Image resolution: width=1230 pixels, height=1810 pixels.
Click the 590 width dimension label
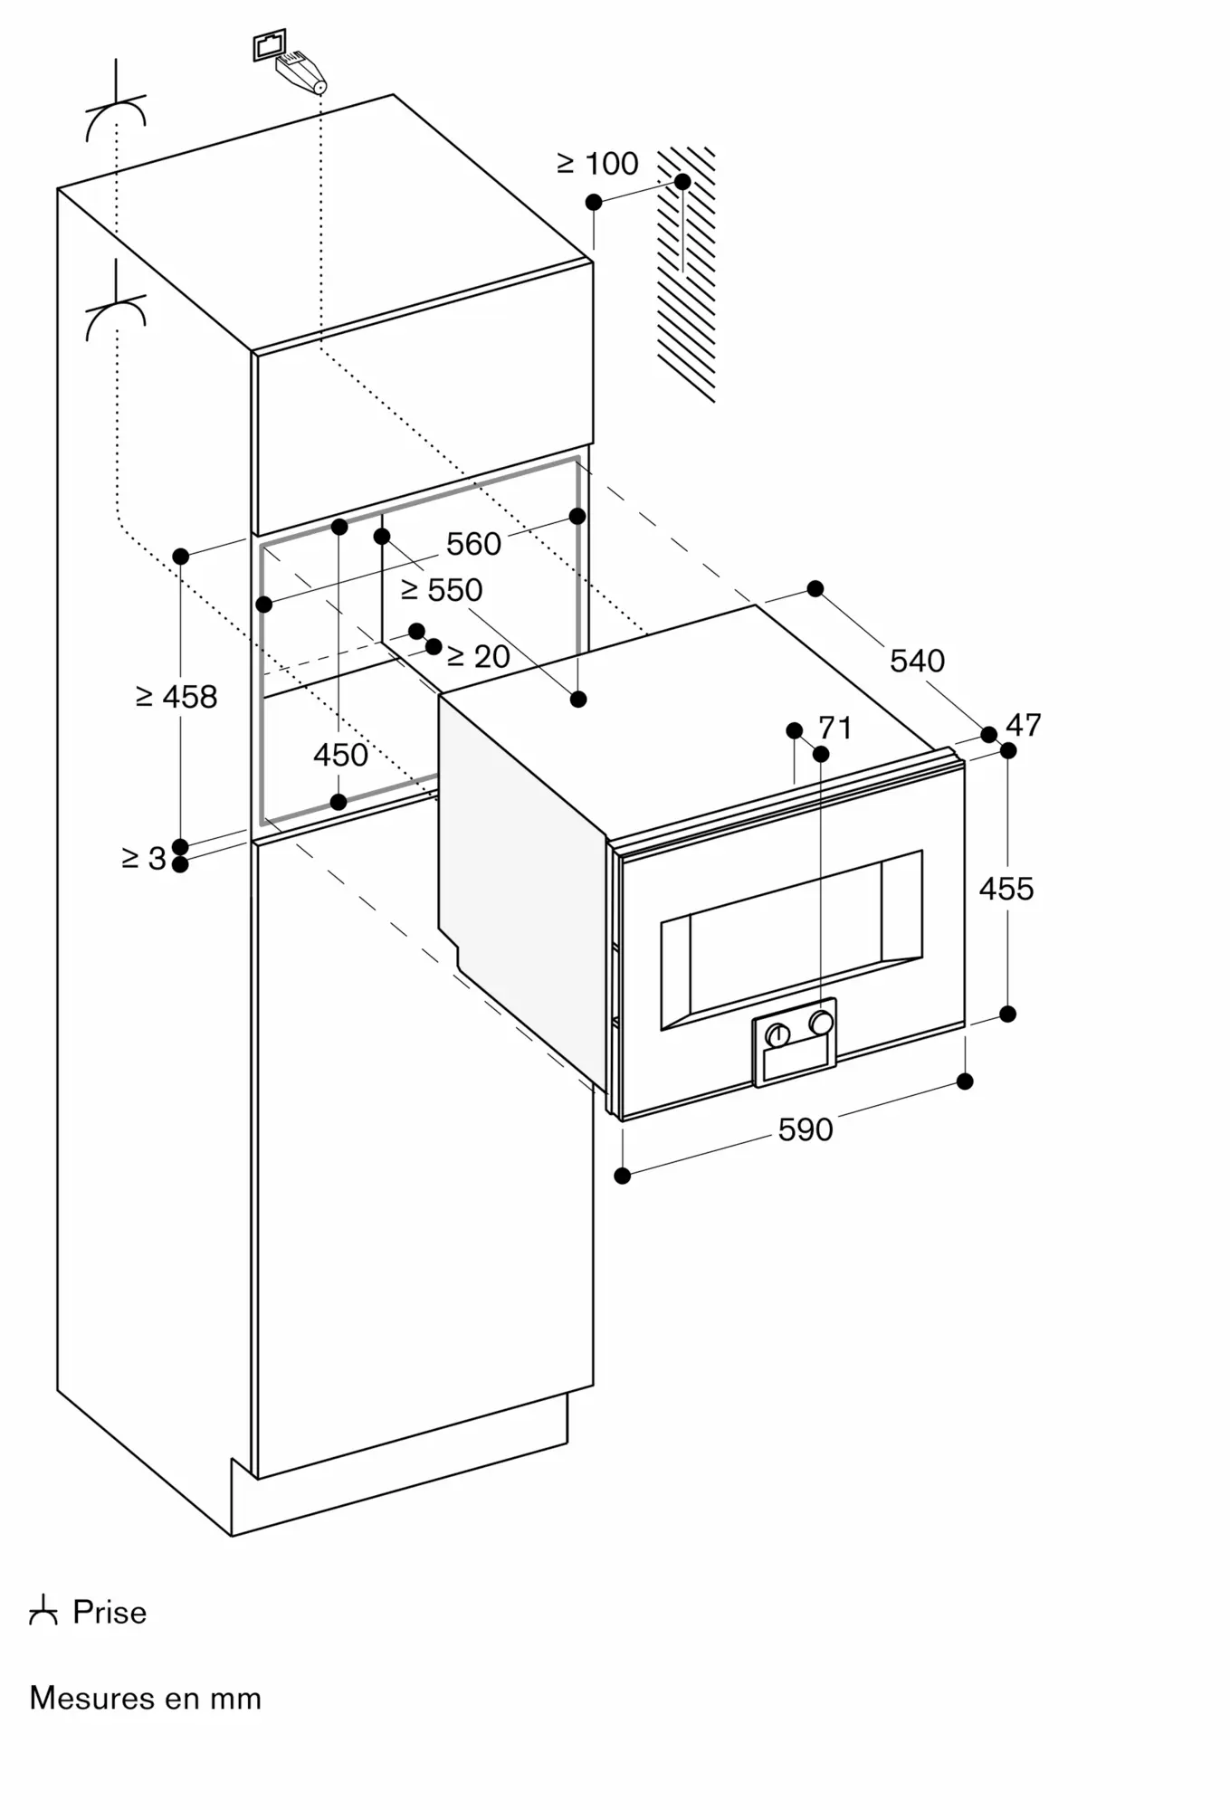[805, 1129]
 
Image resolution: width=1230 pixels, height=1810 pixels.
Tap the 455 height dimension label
[1006, 889]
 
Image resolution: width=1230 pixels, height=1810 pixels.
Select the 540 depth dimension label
[917, 661]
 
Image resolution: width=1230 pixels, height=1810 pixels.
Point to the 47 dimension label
[1024, 725]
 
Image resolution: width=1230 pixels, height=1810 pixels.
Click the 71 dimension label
[834, 728]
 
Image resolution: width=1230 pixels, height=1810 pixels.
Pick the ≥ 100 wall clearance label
[597, 164]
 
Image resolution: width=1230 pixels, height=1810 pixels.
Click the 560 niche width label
[473, 544]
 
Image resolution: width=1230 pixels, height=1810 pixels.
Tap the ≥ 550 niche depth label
[442, 590]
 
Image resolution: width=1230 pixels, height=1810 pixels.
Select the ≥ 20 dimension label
[479, 656]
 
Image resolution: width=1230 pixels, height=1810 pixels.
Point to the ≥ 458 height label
[176, 697]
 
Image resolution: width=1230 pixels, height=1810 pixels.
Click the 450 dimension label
[340, 755]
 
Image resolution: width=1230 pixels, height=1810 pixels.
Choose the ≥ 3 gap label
[144, 858]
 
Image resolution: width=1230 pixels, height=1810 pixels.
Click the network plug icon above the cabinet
[290, 62]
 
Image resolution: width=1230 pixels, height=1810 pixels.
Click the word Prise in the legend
[110, 1612]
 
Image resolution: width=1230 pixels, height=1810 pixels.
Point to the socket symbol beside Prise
[43, 1612]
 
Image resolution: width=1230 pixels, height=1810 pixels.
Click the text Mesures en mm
[146, 1698]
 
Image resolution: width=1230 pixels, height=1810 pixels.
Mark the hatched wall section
[686, 274]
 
